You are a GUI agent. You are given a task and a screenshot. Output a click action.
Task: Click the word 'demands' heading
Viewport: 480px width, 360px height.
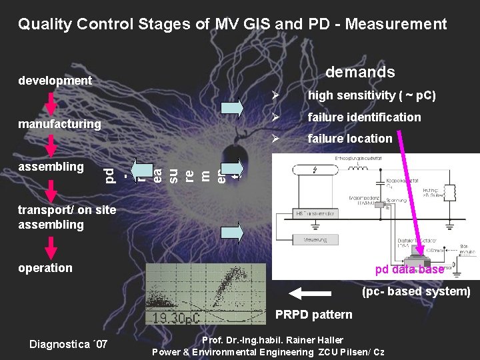point(360,72)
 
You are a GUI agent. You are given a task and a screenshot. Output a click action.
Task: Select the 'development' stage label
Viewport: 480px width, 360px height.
point(55,81)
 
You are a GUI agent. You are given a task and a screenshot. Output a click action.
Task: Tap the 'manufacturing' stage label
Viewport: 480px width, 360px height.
point(59,124)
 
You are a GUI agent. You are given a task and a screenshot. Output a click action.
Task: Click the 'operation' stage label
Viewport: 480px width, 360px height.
point(45,268)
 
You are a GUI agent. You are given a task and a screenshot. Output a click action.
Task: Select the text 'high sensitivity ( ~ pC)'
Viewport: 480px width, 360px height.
point(371,95)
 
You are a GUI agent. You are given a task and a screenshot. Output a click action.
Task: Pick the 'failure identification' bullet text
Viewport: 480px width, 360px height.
point(363,117)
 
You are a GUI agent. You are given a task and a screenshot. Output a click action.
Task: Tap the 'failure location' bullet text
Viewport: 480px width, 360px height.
point(349,139)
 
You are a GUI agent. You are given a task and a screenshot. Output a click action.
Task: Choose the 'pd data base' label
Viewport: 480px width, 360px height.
point(409,269)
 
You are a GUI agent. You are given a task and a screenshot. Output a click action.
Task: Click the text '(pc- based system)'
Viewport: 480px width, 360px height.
point(416,291)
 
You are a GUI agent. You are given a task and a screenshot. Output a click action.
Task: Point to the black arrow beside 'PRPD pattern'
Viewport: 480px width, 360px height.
point(312,293)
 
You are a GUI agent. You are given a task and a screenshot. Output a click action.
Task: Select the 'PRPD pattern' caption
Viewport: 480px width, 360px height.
point(314,314)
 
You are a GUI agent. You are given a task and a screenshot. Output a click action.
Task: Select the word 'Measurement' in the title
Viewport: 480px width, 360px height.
point(401,25)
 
